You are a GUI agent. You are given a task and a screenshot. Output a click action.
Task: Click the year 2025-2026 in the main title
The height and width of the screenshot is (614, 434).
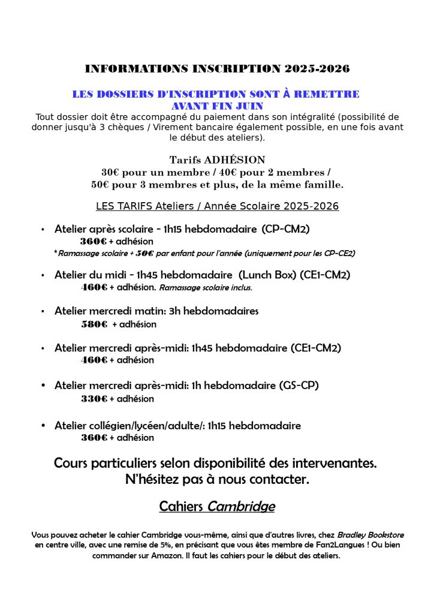pos(317,69)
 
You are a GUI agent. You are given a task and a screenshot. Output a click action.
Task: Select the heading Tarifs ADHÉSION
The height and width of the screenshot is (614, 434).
pos(217,160)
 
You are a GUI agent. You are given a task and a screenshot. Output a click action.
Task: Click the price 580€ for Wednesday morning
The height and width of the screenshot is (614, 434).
pos(94,324)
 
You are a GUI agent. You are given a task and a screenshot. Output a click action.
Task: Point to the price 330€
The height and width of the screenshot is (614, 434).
pos(94,399)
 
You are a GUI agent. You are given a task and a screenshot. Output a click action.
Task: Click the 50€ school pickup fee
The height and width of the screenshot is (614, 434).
pos(144,254)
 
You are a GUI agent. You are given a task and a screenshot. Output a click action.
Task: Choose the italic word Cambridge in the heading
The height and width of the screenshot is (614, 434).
pos(241,507)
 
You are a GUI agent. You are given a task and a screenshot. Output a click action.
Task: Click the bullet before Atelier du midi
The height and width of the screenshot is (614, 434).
pos(43,275)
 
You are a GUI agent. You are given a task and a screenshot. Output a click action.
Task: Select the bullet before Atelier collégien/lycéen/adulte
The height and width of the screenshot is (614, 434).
pos(43,426)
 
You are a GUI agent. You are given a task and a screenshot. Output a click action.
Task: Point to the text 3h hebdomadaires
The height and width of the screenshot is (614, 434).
pos(215,311)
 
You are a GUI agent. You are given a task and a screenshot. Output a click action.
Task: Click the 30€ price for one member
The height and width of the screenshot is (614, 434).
pos(111,172)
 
